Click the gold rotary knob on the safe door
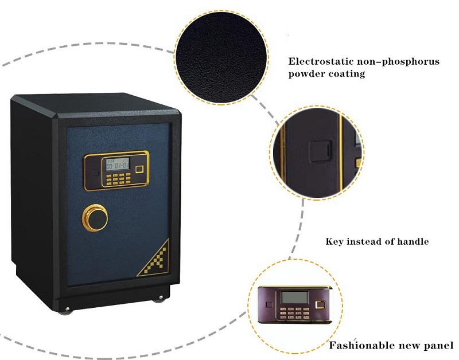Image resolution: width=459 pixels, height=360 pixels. click(x=95, y=218)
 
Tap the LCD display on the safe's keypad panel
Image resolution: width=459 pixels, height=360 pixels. click(x=118, y=164)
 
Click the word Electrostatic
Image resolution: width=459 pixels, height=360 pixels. click(x=321, y=61)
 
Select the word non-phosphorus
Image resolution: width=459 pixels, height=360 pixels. click(x=399, y=62)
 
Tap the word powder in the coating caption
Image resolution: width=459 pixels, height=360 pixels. click(x=306, y=74)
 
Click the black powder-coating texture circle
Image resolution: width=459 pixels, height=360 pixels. click(x=221, y=57)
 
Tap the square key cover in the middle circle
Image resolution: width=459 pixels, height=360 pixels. click(x=320, y=151)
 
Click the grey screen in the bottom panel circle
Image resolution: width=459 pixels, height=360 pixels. click(x=294, y=298)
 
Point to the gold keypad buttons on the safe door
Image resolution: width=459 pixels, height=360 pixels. click(x=119, y=179)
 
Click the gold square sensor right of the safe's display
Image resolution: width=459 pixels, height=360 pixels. click(x=139, y=169)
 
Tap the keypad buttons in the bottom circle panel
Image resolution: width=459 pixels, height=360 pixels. click(x=294, y=313)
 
